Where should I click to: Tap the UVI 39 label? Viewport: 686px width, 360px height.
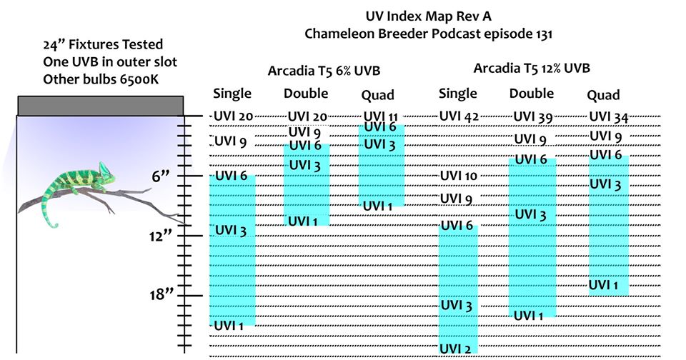533,116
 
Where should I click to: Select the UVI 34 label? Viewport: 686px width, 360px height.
608,116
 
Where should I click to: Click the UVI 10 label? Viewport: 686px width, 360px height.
458,176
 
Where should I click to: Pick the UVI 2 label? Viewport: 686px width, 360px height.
456,348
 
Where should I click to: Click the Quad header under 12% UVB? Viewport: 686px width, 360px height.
603,95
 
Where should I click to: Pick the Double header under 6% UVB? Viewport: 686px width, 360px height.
306,93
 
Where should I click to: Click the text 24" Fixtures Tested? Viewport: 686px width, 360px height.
102,45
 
